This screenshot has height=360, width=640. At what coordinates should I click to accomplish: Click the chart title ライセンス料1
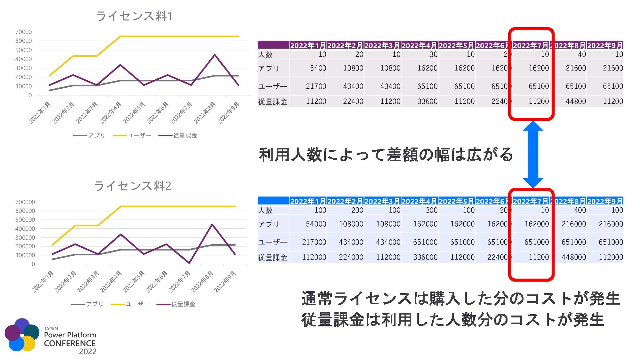134,16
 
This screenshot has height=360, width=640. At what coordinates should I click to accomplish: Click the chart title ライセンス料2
132,186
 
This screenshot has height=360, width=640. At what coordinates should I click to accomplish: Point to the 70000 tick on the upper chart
24,32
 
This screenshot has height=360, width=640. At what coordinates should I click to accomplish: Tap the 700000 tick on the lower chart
25,202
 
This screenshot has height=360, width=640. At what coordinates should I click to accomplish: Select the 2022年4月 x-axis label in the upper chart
110,113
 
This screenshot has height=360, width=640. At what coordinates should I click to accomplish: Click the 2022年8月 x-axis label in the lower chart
202,282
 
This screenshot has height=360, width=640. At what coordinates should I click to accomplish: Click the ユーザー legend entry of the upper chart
132,136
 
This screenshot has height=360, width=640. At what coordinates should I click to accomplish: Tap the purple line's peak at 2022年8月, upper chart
215,55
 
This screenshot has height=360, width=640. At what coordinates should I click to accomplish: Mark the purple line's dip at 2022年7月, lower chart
189,263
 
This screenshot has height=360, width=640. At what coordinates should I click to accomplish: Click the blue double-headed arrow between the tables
533,154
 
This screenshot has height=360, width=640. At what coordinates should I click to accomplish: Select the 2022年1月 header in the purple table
308,45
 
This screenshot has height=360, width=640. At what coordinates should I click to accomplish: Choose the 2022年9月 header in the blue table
605,201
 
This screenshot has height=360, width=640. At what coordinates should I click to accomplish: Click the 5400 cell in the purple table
318,68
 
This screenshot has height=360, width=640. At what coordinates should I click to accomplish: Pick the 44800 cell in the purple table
576,101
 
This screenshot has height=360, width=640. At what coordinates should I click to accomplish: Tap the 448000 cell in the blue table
574,257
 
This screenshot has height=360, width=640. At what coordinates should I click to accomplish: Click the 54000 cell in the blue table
316,224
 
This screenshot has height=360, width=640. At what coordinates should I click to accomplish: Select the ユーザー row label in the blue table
272,242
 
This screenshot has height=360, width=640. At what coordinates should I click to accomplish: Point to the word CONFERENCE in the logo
70,343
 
